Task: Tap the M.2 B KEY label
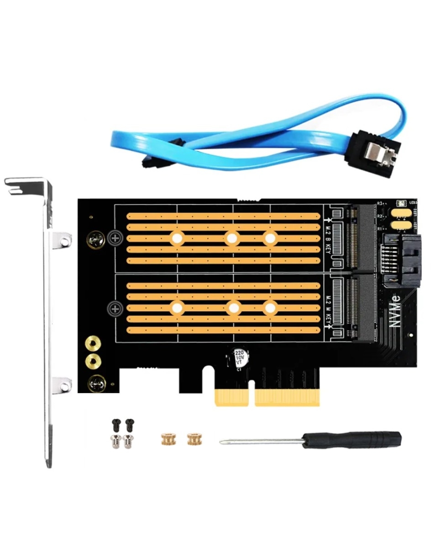(328, 240)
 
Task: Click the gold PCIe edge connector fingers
(267, 397)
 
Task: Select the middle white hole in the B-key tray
(232, 237)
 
